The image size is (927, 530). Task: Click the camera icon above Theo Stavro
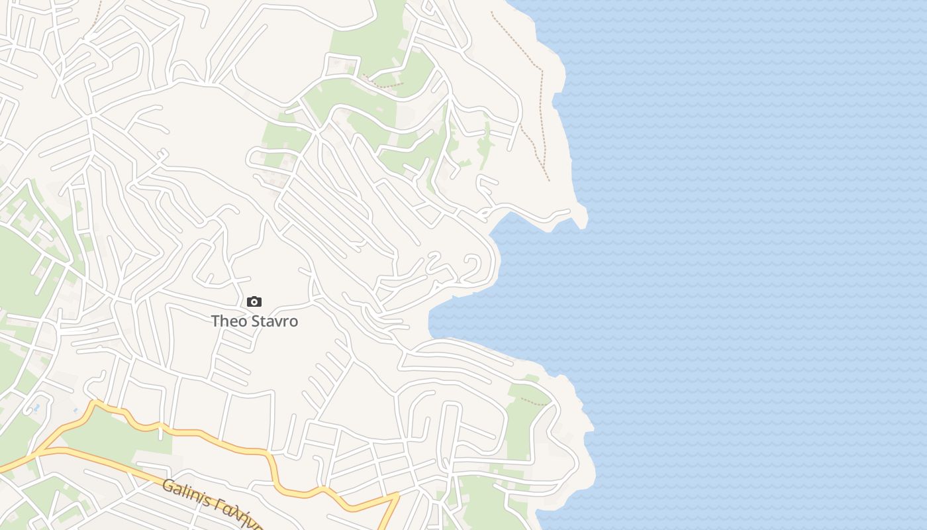coord(254,302)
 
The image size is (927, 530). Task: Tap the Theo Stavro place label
coord(254,321)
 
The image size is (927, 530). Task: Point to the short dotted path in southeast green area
coord(534,401)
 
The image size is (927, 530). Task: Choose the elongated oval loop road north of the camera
coord(265,159)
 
